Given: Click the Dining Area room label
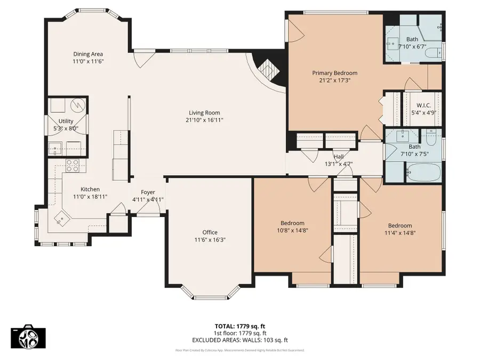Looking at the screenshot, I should (88, 54).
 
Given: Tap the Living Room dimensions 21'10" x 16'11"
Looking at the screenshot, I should (204, 120).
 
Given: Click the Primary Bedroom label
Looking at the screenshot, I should (334, 73).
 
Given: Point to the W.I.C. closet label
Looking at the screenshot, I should (424, 105).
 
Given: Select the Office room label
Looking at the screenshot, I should (210, 232).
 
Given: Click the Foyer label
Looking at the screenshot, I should (148, 192).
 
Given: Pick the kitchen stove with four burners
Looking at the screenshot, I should (73, 166).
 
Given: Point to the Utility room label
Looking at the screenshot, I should (66, 122).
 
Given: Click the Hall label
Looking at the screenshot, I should (339, 156).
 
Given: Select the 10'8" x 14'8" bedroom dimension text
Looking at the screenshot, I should (293, 231).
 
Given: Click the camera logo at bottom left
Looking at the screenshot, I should (28, 337).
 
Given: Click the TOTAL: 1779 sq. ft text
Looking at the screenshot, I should (240, 325).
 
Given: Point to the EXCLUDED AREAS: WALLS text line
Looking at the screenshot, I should (240, 340).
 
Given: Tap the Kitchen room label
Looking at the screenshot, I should (90, 189).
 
